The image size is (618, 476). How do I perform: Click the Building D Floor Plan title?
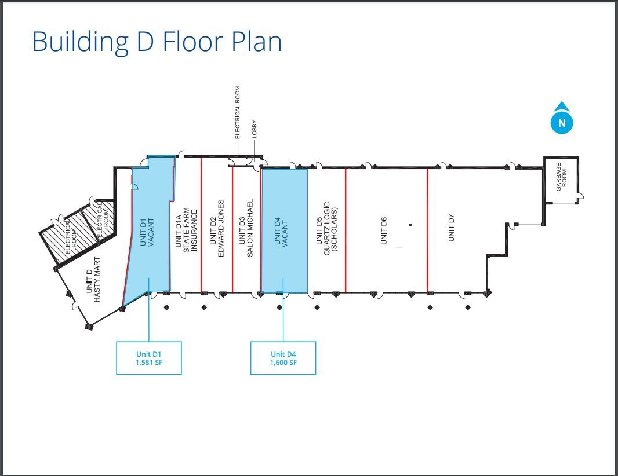click(x=157, y=42)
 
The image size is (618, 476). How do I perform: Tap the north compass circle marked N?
click(x=562, y=123)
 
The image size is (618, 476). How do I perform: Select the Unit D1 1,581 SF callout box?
click(x=149, y=358)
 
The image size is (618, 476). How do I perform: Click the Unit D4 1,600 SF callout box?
click(x=283, y=358)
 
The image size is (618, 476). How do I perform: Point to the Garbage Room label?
click(x=561, y=177)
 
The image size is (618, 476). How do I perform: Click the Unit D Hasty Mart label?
click(x=93, y=280)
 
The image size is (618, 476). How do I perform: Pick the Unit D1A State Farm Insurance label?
click(x=186, y=230)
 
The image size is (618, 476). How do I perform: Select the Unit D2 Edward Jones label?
click(x=217, y=228)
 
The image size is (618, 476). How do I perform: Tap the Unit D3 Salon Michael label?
click(x=246, y=228)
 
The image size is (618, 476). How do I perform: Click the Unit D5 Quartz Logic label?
click(x=327, y=229)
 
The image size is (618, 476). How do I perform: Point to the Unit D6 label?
click(x=384, y=230)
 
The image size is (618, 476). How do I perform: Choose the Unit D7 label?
click(x=451, y=228)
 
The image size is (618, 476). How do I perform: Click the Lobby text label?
click(x=255, y=129)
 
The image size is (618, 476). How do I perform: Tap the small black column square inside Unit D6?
click(x=410, y=225)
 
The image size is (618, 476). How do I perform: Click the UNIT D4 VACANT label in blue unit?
click(x=281, y=232)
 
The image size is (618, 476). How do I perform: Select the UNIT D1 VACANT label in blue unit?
click(x=147, y=232)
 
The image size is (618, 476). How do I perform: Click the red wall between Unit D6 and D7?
click(x=428, y=230)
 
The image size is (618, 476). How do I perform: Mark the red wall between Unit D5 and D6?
click(x=346, y=230)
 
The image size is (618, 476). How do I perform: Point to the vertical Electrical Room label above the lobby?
click(x=237, y=112)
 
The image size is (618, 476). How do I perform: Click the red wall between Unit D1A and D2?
click(x=201, y=225)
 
